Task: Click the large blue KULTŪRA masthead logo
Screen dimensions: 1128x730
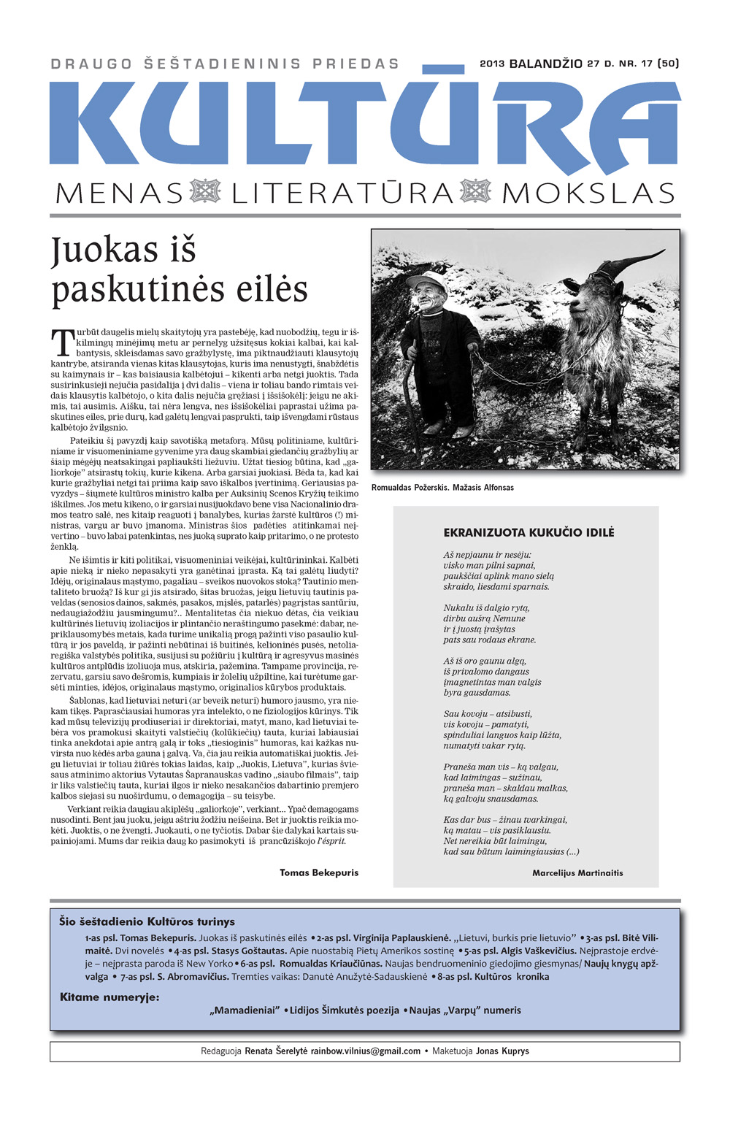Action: coord(365,120)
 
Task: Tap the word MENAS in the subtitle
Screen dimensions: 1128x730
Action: coord(119,193)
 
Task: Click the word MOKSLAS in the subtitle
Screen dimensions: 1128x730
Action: coord(588,193)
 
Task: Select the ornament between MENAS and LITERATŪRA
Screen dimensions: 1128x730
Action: coord(205,191)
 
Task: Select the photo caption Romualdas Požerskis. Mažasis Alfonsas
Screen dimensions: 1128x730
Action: coord(442,487)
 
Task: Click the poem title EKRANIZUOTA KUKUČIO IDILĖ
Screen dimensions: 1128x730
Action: coord(529,532)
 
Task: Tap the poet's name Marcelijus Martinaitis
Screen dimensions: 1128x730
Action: coord(577,872)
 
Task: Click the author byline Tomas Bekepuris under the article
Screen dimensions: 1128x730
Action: coord(319,872)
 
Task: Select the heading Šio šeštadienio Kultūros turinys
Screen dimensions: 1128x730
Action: coord(147,921)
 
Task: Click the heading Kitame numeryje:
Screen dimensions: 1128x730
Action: coord(109,997)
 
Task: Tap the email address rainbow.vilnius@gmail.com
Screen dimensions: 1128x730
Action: coord(366,1051)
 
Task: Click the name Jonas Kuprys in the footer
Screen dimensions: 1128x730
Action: coord(502,1051)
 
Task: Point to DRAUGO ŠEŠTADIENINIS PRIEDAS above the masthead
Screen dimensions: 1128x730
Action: coord(226,64)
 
